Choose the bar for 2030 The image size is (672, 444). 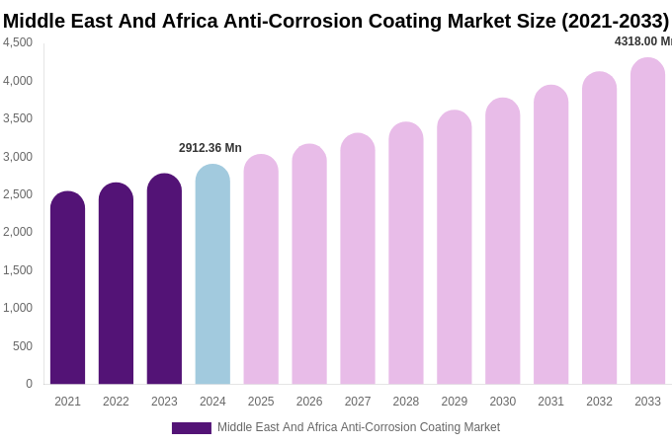(502, 241)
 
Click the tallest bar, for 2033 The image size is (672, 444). (647, 221)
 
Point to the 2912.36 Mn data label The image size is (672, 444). (210, 148)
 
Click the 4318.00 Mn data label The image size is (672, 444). (642, 41)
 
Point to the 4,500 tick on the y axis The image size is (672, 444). (18, 42)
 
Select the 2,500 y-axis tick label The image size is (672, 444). (18, 194)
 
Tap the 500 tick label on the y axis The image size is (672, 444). (22, 346)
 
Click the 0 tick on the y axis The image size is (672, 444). (29, 384)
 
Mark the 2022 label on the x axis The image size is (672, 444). (116, 402)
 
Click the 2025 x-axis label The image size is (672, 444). (261, 402)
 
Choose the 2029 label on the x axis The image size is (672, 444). (455, 402)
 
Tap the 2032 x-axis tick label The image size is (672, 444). (599, 402)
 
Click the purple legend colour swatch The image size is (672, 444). (191, 428)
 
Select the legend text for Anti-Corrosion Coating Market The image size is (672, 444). (359, 427)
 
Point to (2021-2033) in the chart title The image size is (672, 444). (615, 21)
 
